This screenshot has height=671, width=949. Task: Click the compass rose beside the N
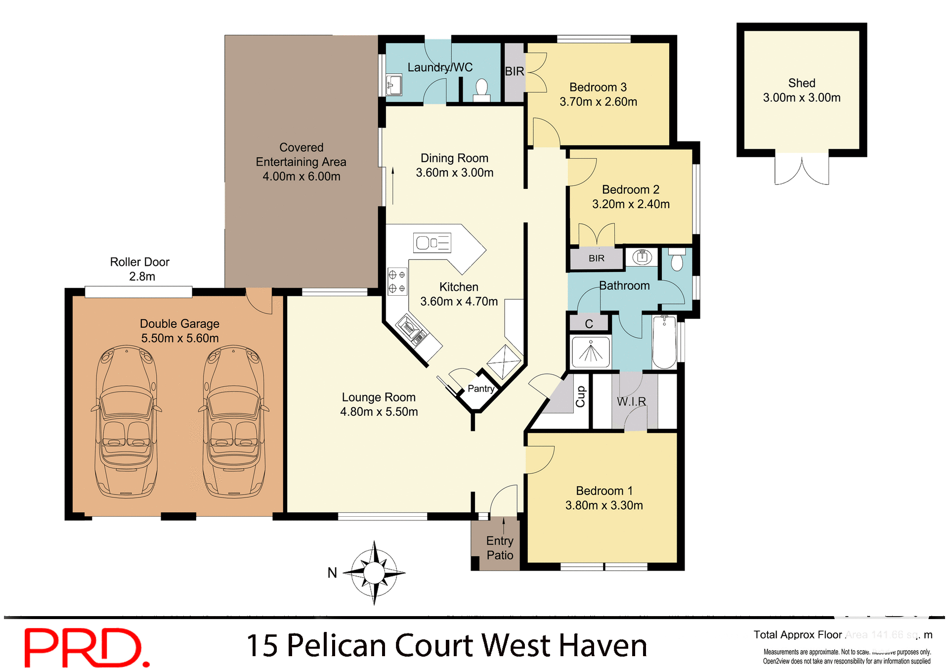(x=374, y=573)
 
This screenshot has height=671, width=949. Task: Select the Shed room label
(x=801, y=83)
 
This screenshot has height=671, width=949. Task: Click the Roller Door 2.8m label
(x=140, y=269)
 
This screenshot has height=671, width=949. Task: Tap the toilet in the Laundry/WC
(x=481, y=89)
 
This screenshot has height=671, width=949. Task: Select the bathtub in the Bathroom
(x=664, y=342)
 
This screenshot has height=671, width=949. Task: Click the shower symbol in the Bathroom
(x=590, y=352)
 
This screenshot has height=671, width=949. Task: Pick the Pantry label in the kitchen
(x=481, y=389)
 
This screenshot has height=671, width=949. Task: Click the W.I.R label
(x=631, y=402)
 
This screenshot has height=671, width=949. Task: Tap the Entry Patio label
(x=500, y=548)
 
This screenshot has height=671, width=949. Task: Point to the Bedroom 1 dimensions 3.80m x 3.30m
(x=604, y=505)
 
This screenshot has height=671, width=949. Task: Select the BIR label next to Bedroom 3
(x=515, y=72)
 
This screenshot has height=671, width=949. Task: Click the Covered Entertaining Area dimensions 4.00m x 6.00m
(x=301, y=177)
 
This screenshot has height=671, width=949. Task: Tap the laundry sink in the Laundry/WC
(x=393, y=85)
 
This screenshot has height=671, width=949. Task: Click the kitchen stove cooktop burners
(x=397, y=281)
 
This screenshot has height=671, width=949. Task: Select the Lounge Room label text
(x=379, y=398)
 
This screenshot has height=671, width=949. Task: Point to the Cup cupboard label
(x=581, y=397)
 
